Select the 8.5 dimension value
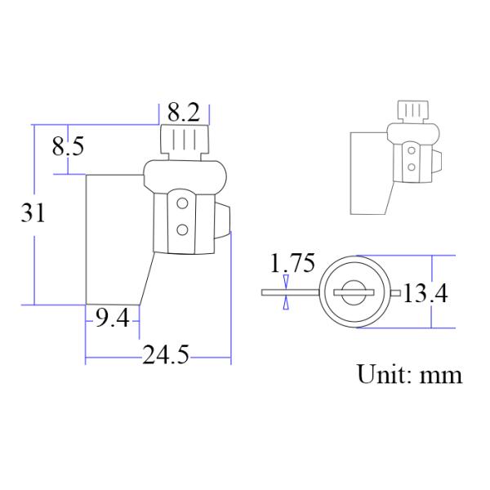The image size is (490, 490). pyautogui.click(x=68, y=148)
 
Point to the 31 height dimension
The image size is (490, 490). pyautogui.click(x=33, y=213)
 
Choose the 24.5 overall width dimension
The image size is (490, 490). pyautogui.click(x=167, y=356)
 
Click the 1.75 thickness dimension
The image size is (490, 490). pyautogui.click(x=292, y=264)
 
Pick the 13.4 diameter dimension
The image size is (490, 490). pyautogui.click(x=425, y=292)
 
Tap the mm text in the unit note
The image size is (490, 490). pyautogui.click(x=441, y=376)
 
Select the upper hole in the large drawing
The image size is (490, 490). pyautogui.click(x=184, y=202)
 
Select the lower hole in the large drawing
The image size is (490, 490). pyautogui.click(x=184, y=229)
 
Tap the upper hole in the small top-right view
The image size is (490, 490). pyautogui.click(x=410, y=150)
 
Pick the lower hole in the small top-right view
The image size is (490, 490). pyautogui.click(x=410, y=167)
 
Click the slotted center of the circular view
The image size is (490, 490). pyautogui.click(x=355, y=291)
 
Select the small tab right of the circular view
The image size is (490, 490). pyautogui.click(x=394, y=292)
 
